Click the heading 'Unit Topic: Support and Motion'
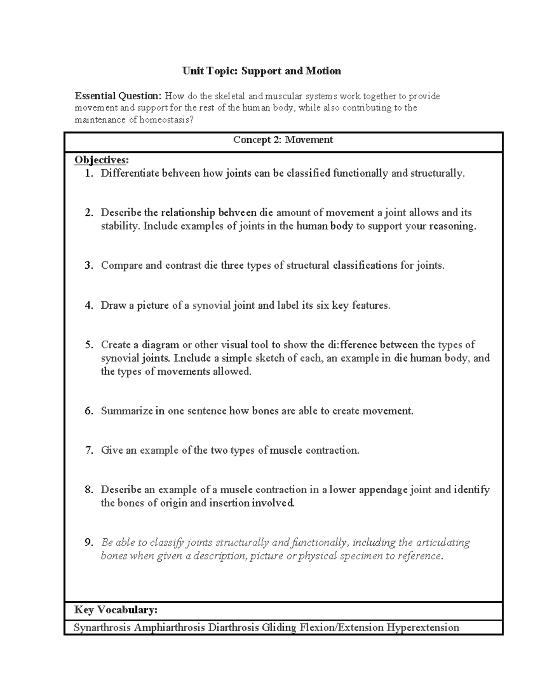pyautogui.click(x=261, y=71)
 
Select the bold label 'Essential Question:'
pyautogui.click(x=117, y=96)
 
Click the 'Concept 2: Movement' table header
pyautogui.click(x=283, y=140)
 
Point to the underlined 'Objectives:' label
pyautogui.click(x=101, y=160)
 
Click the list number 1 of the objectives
pyautogui.click(x=89, y=173)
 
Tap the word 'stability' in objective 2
pyautogui.click(x=120, y=226)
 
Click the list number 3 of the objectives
pyautogui.click(x=89, y=266)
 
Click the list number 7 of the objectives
pyautogui.click(x=89, y=450)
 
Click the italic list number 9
pyautogui.click(x=89, y=543)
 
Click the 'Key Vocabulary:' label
pyautogui.click(x=116, y=610)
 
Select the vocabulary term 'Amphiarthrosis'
pyautogui.click(x=169, y=627)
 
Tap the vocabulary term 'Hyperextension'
pyautogui.click(x=423, y=627)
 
